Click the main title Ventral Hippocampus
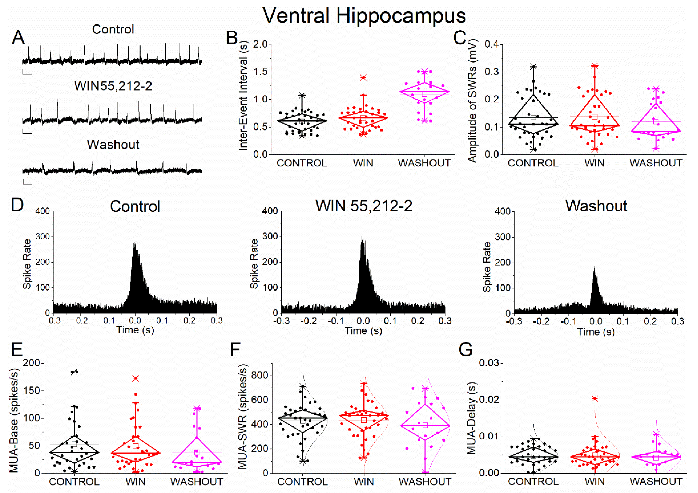tap(364, 15)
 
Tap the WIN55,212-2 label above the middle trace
tap(113, 86)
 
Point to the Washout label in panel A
tap(113, 145)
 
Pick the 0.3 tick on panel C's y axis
tap(491, 72)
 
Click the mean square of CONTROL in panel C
tap(533, 118)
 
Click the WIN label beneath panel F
tap(364, 482)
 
